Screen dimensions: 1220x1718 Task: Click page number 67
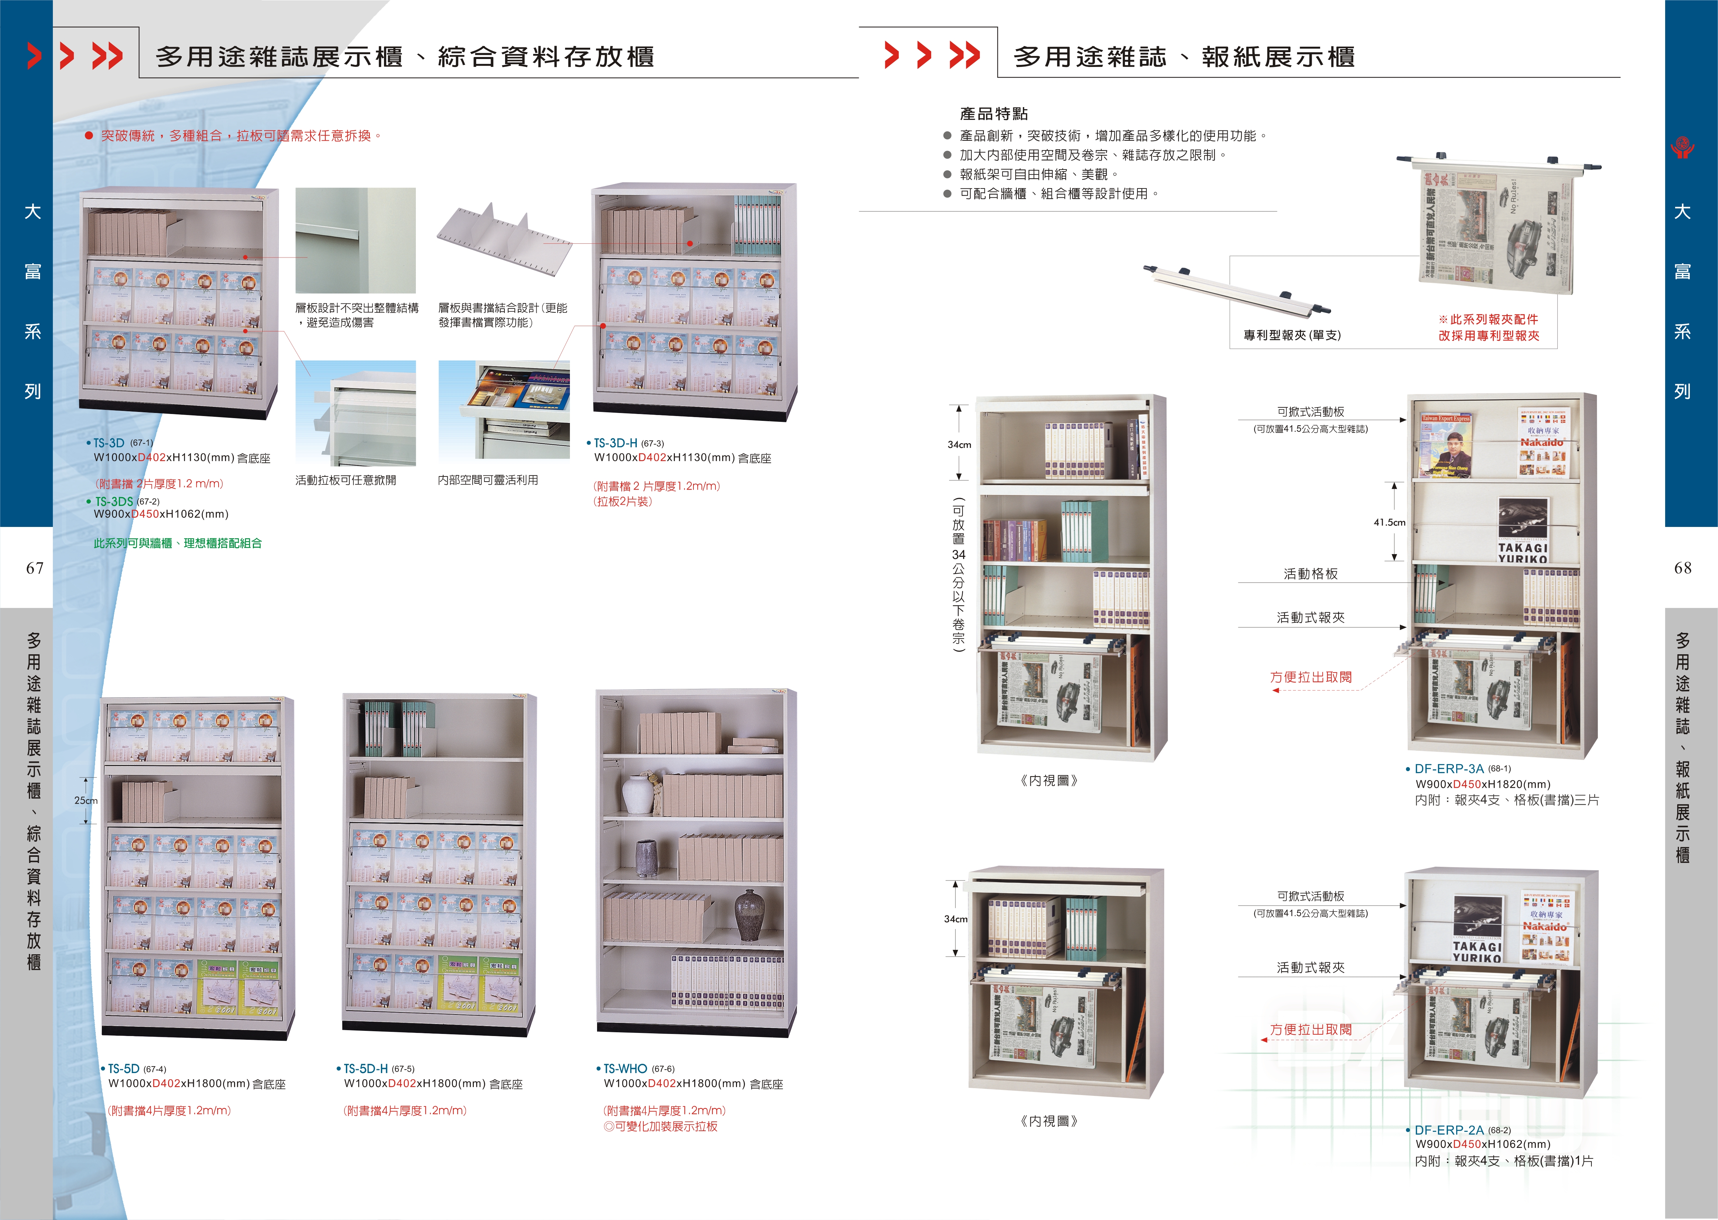pyautogui.click(x=35, y=568)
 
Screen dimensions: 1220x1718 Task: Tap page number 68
pyautogui.click(x=1683, y=568)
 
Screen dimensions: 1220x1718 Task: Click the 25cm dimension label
pyautogui.click(x=85, y=801)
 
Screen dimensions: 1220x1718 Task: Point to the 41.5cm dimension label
pyautogui.click(x=1389, y=522)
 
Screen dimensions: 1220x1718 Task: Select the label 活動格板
pyautogui.click(x=1310, y=574)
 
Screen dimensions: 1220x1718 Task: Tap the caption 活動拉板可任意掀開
pyautogui.click(x=346, y=480)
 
